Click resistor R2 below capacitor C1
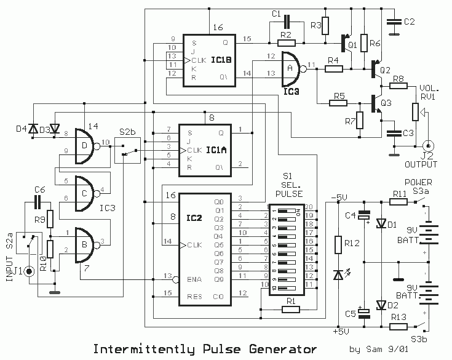286,43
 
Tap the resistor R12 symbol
338,246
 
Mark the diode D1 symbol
379,223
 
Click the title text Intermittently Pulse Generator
197,349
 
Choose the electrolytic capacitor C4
365,216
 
